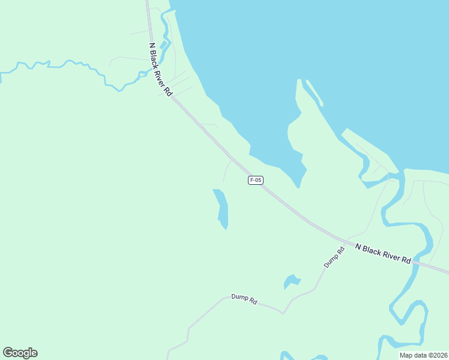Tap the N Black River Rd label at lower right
click(x=382, y=254)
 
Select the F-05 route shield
click(x=256, y=180)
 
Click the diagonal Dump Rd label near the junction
click(x=334, y=257)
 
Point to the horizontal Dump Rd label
click(x=244, y=299)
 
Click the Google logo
click(x=20, y=353)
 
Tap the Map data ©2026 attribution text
click(x=423, y=355)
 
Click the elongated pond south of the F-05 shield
click(x=221, y=208)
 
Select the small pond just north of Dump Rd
click(x=292, y=281)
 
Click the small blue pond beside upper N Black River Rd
click(x=163, y=45)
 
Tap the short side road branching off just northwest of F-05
click(x=226, y=170)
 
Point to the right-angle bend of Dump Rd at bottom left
click(x=188, y=329)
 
